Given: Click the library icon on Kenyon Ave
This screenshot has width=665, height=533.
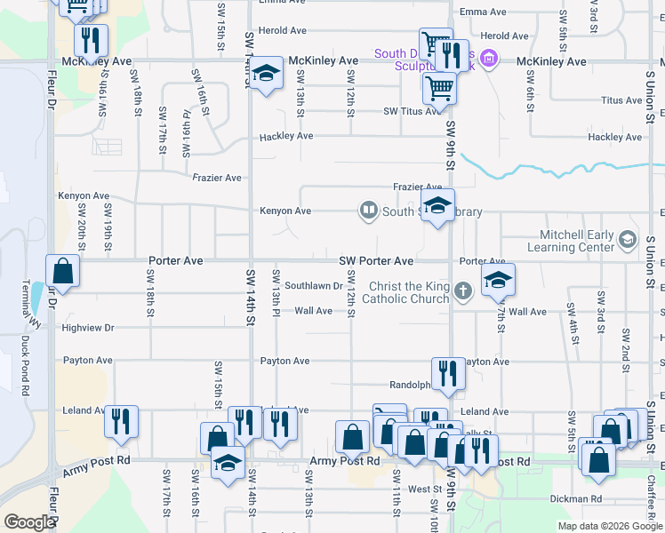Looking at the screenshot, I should [368, 211].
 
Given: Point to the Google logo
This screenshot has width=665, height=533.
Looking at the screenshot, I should [28, 522].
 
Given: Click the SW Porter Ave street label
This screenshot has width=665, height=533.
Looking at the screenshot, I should [376, 261].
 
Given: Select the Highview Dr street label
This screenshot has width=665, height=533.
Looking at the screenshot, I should [89, 328].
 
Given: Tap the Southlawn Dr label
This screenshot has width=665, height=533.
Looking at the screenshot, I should [314, 286].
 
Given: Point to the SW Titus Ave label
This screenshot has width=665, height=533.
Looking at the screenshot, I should [412, 111].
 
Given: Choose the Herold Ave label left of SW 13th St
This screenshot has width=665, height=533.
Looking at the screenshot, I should [283, 30].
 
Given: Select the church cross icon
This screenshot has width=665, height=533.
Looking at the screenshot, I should [461, 291].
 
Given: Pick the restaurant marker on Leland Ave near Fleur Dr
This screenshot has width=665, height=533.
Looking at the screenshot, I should [121, 419].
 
